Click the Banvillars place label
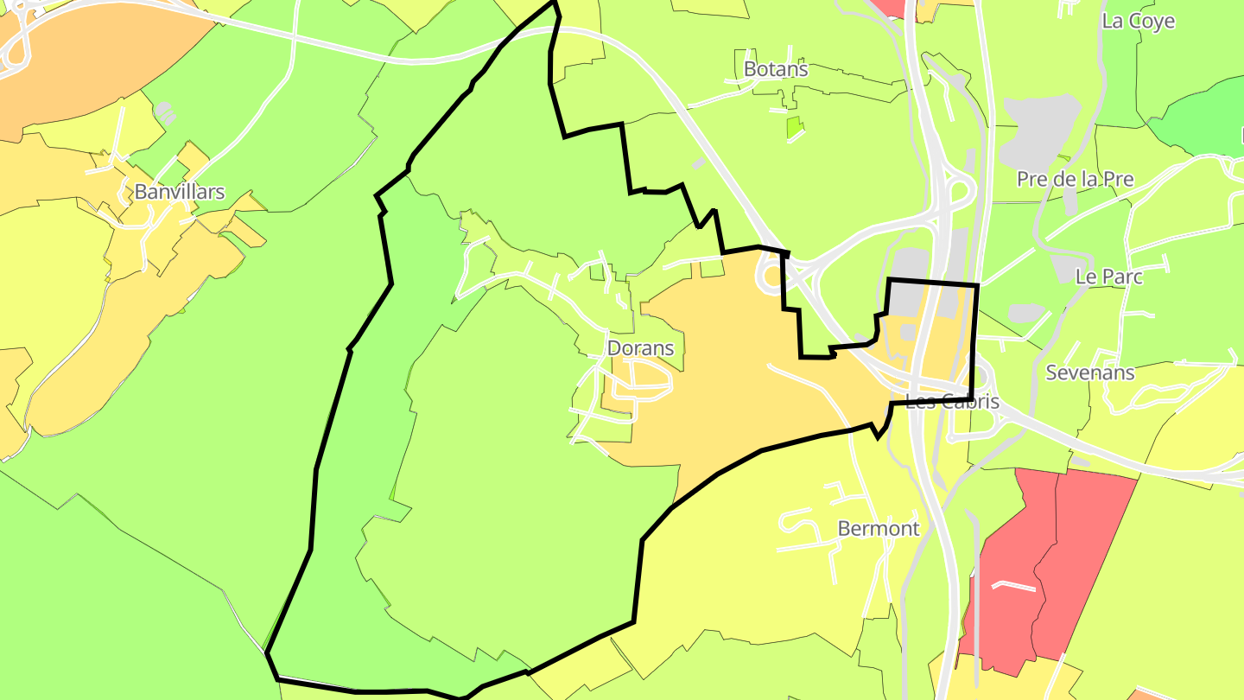(180, 192)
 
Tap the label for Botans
(776, 69)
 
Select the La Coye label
(1139, 21)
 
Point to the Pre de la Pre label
(1075, 179)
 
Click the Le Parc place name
(1109, 277)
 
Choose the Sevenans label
(1090, 372)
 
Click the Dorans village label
(640, 348)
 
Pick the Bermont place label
(879, 528)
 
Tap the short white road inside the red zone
(1013, 587)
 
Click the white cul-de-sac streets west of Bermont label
(808, 527)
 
